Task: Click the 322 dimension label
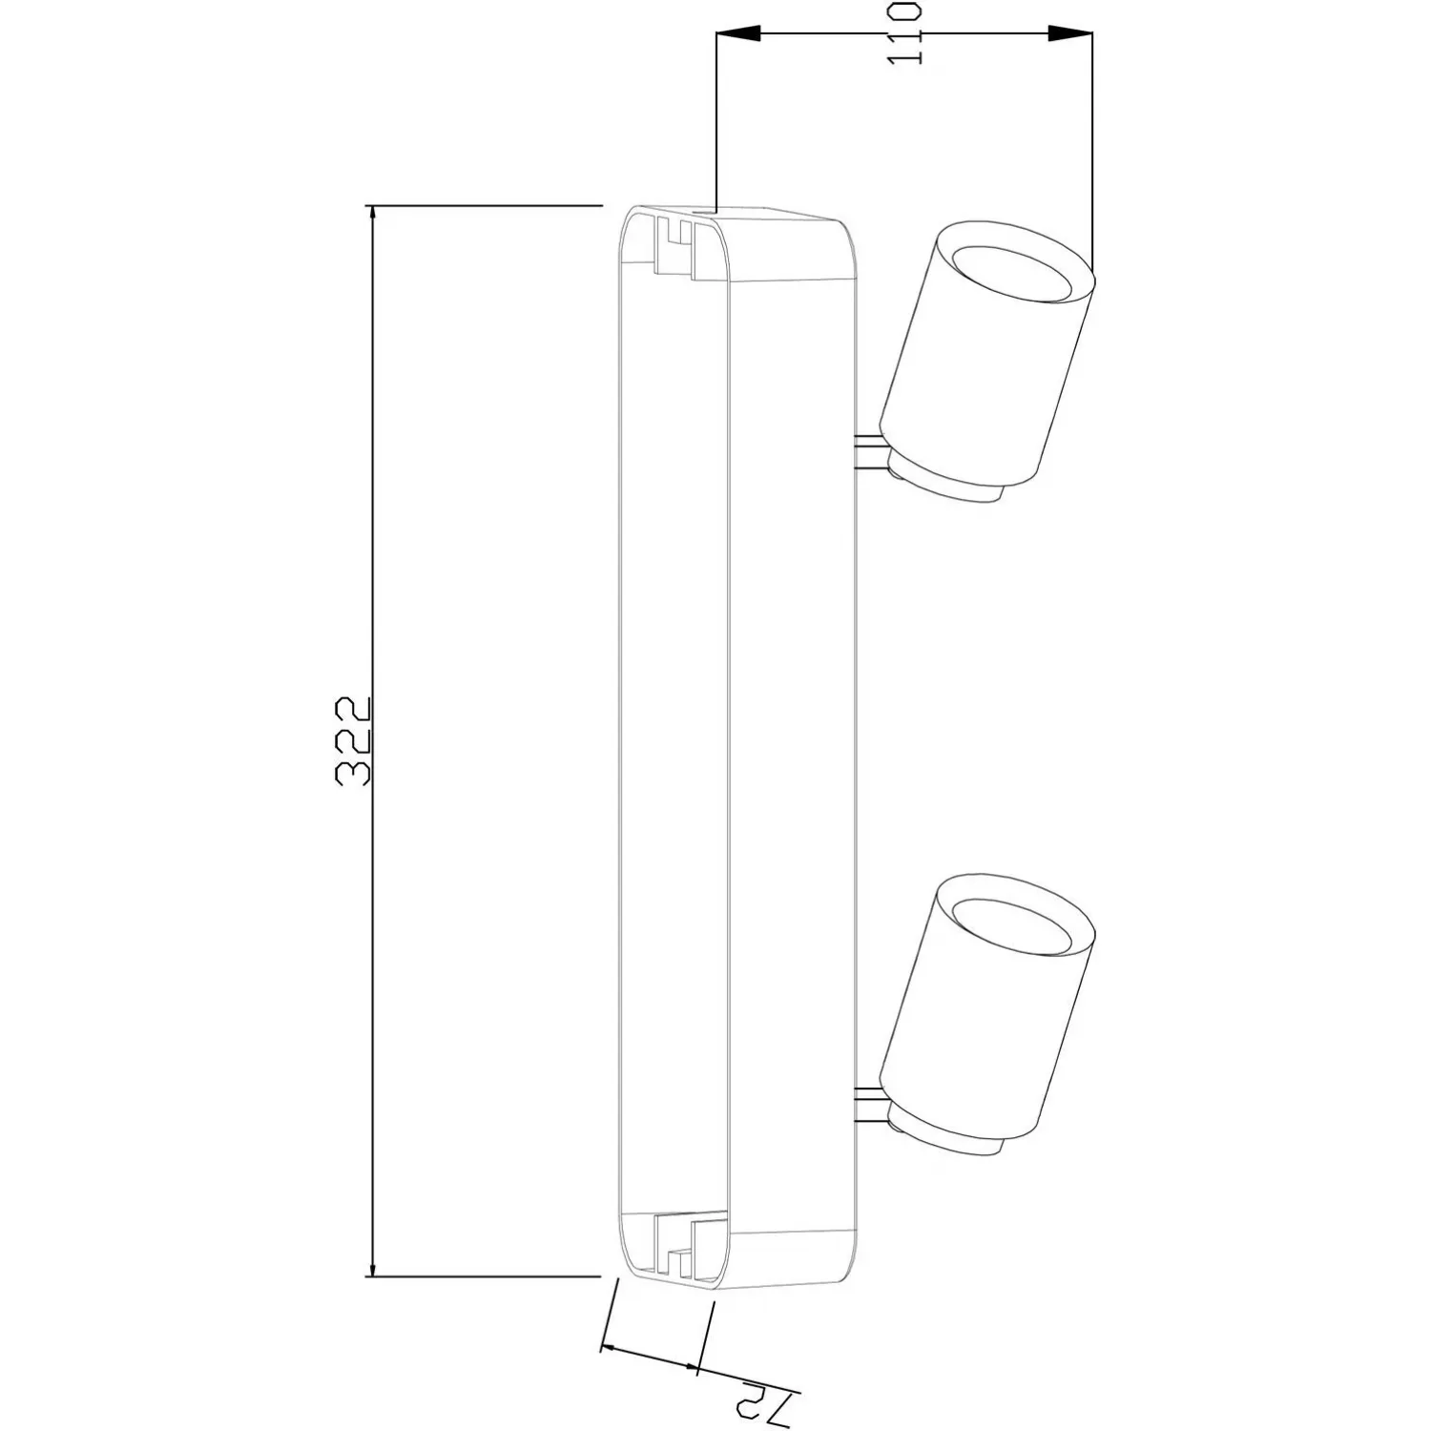pos(353,741)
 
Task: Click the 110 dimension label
pos(904,32)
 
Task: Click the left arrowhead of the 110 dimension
pos(737,33)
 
